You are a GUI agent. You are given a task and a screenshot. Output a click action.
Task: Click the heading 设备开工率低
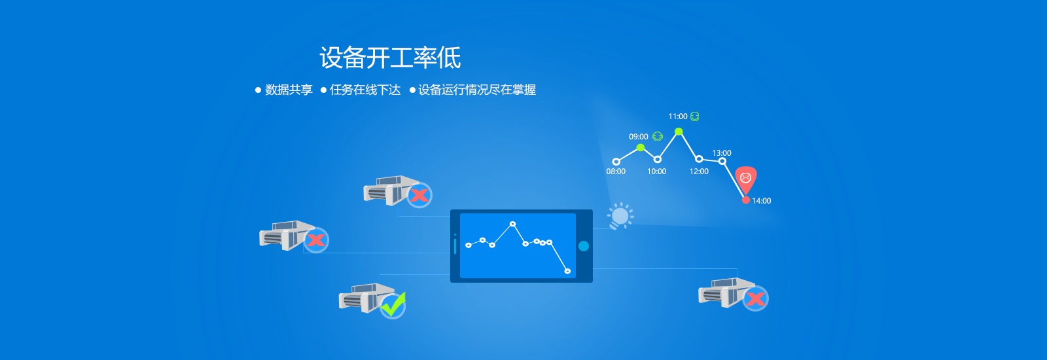point(390,58)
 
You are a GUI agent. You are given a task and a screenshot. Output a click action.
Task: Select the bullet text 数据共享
point(289,90)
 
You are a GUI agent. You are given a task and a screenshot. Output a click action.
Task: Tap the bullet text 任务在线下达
point(365,90)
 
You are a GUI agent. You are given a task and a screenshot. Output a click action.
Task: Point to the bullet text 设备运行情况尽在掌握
point(477,90)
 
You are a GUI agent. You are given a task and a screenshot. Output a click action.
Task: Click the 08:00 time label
point(616,171)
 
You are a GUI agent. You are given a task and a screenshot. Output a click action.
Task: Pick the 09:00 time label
point(638,137)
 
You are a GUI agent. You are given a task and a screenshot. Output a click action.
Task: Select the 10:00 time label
point(657,171)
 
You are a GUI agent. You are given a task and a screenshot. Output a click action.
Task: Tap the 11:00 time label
point(678,117)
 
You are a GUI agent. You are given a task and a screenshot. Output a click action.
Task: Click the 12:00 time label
point(699,171)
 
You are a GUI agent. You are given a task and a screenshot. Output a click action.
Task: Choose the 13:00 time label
point(722,153)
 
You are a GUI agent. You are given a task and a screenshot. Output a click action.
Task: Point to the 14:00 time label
point(762,201)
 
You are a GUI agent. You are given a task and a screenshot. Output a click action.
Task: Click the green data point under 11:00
point(679,132)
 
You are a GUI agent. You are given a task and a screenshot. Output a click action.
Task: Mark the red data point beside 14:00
point(746,200)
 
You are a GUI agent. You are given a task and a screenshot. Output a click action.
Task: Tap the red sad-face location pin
point(745,179)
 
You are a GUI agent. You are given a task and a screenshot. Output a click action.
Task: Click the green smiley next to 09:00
point(658,136)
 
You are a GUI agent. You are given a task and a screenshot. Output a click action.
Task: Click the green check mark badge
point(393,305)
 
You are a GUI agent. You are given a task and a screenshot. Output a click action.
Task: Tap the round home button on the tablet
point(583,246)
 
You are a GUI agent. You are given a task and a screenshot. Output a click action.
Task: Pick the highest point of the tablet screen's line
point(513,224)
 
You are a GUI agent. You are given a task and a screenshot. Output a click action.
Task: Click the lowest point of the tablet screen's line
point(567,271)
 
